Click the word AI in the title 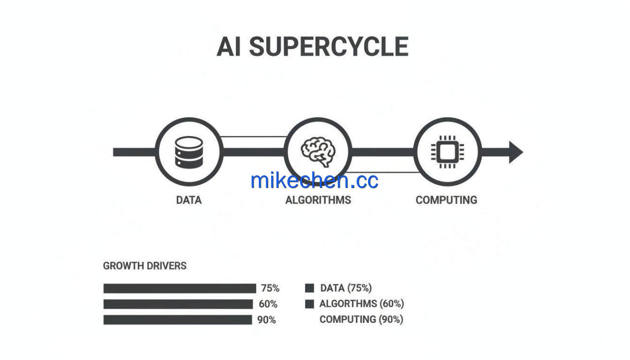pos(229,47)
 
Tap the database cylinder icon pos(189,152)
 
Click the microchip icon pos(447,152)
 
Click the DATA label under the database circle pos(189,200)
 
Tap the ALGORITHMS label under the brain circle pos(318,200)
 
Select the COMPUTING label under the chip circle pos(446,200)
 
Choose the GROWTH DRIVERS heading pos(145,266)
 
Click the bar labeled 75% pos(180,289)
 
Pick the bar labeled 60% pos(178,304)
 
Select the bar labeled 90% pos(178,320)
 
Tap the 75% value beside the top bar pos(270,288)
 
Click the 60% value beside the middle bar pos(268,304)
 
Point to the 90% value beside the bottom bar pos(266,320)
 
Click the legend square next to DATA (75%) pos(310,288)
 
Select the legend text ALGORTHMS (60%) pos(362,304)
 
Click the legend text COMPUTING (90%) pos(361,320)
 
